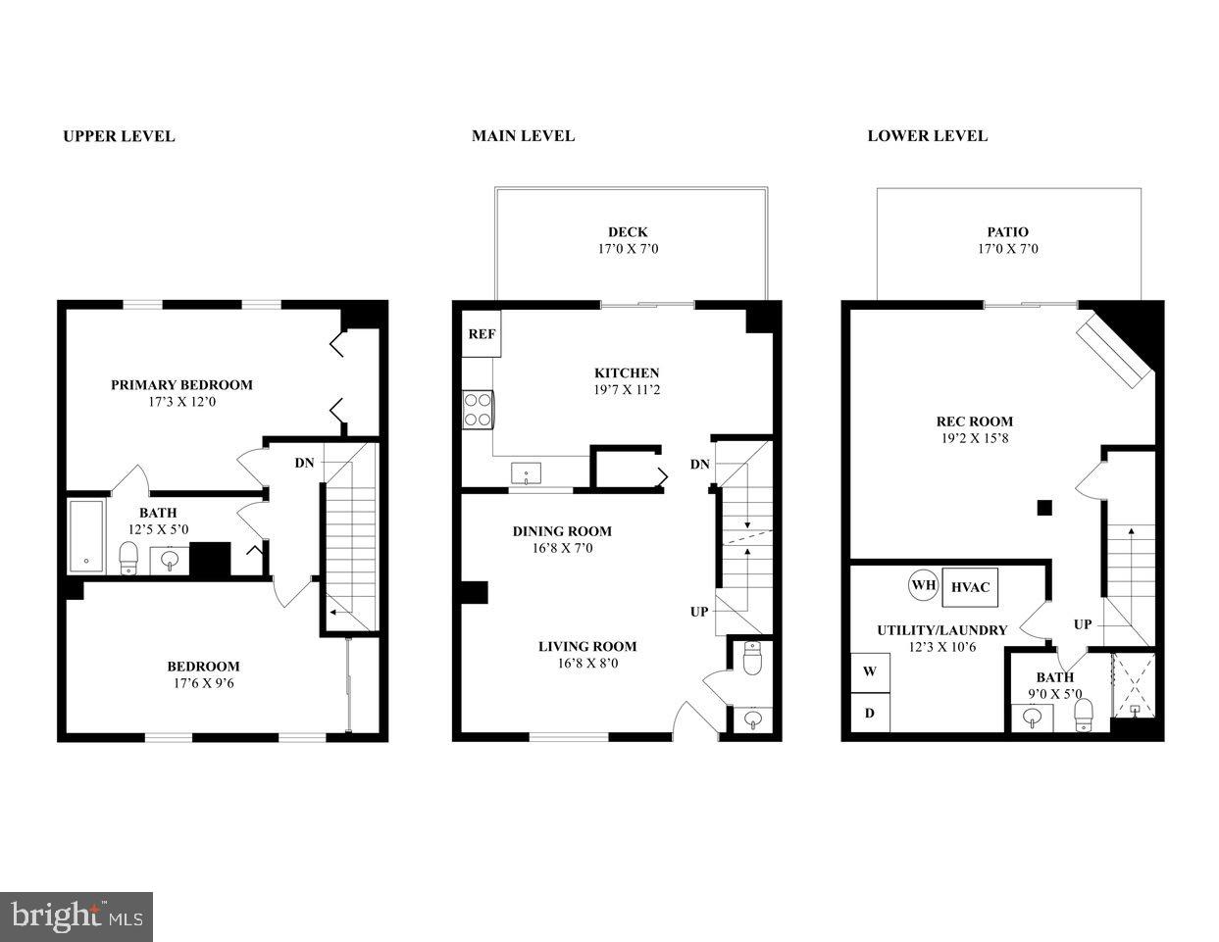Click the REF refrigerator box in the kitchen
(x=481, y=334)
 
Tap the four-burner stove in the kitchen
(x=477, y=409)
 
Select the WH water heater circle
(x=923, y=586)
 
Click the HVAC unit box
(x=970, y=587)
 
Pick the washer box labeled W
(x=869, y=672)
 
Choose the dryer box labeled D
(x=869, y=713)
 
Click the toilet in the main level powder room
(x=751, y=659)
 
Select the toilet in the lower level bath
(x=1084, y=713)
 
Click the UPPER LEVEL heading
(x=119, y=136)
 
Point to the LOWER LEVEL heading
(x=927, y=136)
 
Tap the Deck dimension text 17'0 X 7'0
(x=627, y=249)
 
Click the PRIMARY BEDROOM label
(x=181, y=385)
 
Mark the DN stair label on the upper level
(x=304, y=463)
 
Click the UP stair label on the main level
(x=698, y=612)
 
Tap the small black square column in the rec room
(x=1044, y=507)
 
